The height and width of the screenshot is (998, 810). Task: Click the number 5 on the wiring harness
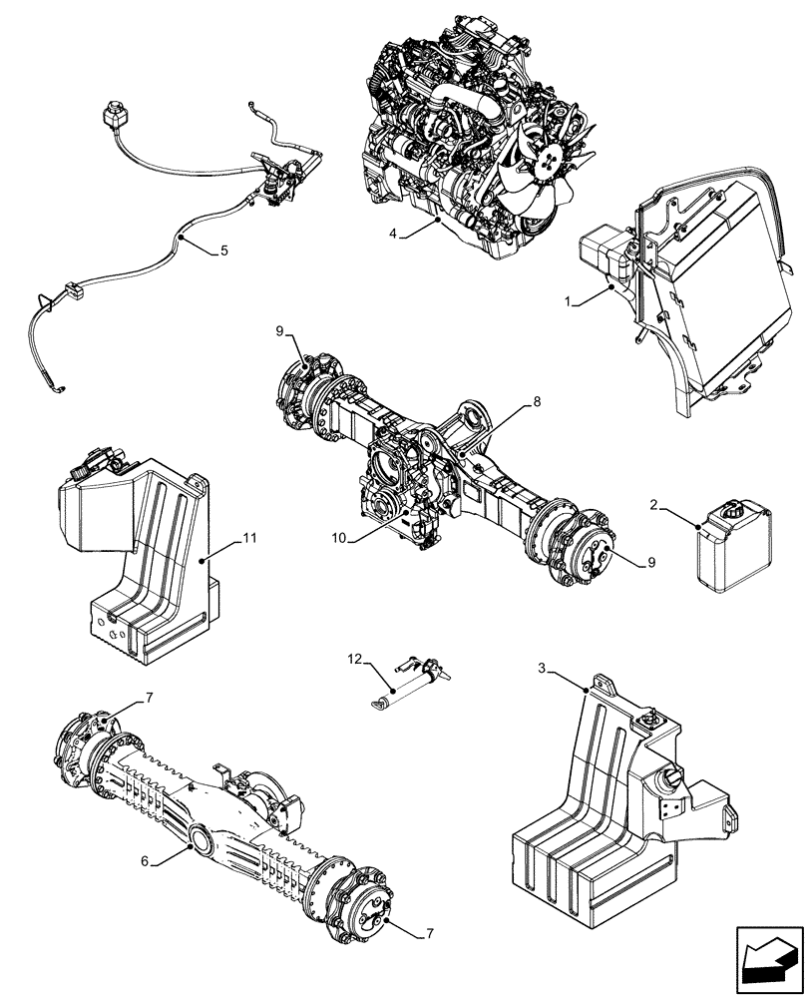pyautogui.click(x=223, y=250)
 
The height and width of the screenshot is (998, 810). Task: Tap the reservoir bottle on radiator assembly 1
pyautogui.click(x=604, y=253)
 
